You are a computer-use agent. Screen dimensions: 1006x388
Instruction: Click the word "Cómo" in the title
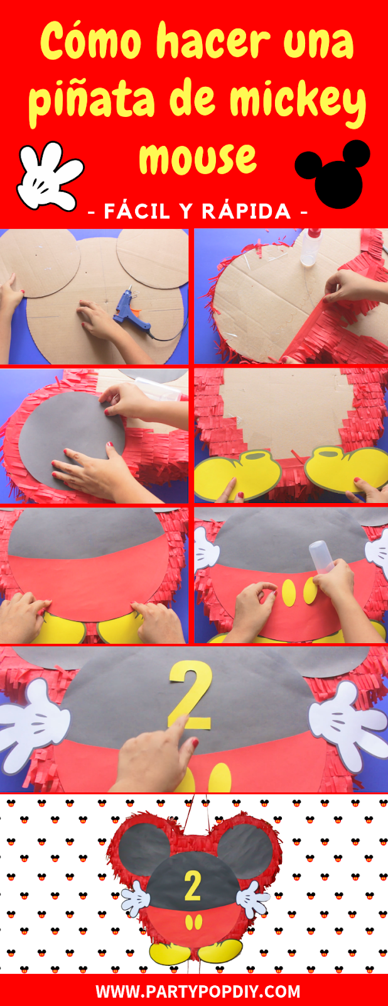pyautogui.click(x=91, y=43)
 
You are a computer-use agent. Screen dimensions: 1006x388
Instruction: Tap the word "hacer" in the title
pyautogui.click(x=213, y=41)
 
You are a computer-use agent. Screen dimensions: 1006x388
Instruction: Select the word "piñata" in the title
pyautogui.click(x=92, y=101)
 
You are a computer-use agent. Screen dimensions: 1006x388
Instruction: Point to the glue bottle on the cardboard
pyautogui.click(x=310, y=248)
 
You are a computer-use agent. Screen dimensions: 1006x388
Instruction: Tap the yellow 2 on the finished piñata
pyautogui.click(x=193, y=886)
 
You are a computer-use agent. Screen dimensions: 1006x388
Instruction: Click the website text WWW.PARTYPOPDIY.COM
pyautogui.click(x=198, y=992)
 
